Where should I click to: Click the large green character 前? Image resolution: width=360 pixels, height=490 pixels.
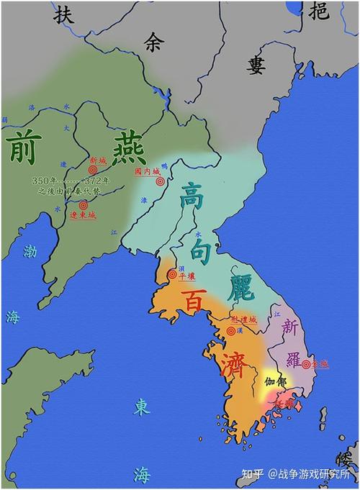[x=25, y=147]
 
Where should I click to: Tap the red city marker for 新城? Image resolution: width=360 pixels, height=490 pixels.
[x=93, y=170]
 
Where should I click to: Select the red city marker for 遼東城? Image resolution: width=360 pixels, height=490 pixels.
[x=84, y=205]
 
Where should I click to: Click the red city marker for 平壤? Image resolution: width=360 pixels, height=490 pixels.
[x=172, y=274]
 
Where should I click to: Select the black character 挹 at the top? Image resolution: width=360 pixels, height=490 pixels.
[x=319, y=11]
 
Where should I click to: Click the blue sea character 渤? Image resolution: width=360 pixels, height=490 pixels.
[x=30, y=253]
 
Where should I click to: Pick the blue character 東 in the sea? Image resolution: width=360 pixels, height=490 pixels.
[x=141, y=408]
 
